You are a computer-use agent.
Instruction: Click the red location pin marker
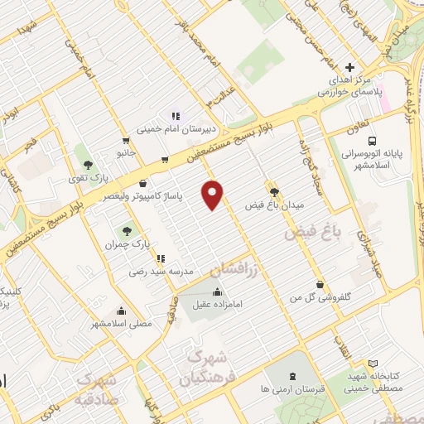(214, 195)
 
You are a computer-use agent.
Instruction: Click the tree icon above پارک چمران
(127, 232)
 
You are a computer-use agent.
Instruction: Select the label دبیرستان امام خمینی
(174, 129)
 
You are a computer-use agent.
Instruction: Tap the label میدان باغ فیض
(276, 203)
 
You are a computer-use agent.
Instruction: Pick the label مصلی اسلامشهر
(122, 324)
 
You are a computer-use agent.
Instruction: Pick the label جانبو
(125, 153)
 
